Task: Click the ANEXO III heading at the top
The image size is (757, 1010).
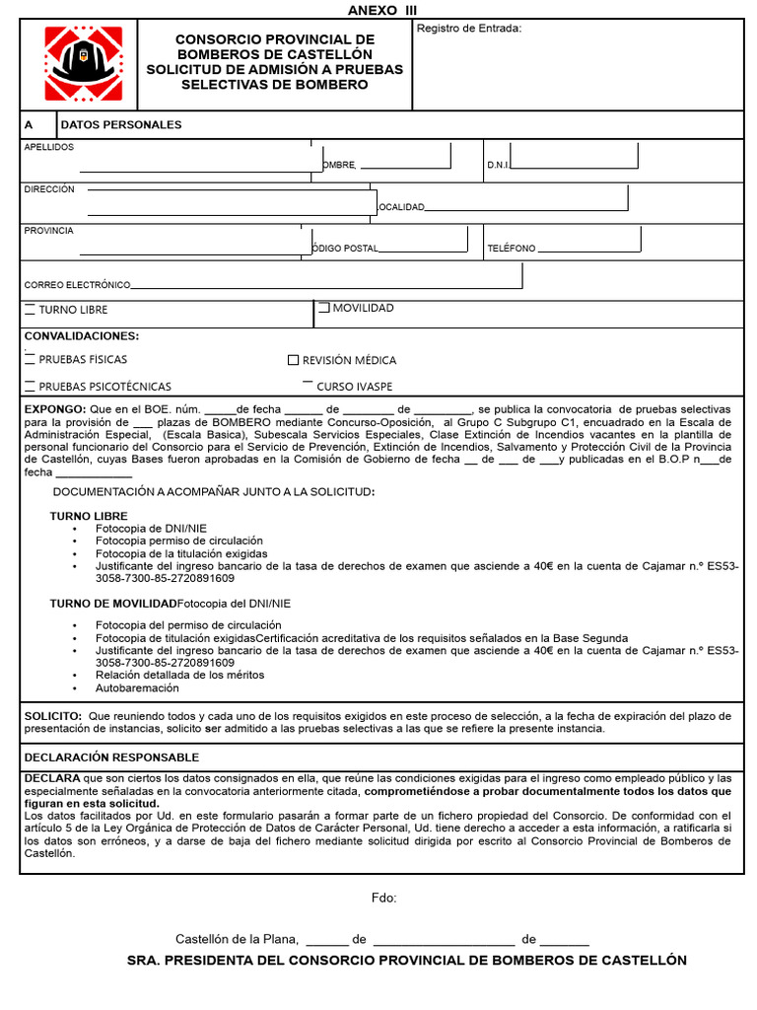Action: click(x=382, y=10)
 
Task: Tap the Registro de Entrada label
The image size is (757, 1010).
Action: click(x=469, y=29)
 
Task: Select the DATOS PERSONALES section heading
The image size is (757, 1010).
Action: click(x=121, y=125)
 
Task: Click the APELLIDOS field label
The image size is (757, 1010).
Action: click(x=48, y=147)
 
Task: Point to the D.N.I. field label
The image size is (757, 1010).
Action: click(x=498, y=166)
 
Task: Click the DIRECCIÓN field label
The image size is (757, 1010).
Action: click(x=49, y=188)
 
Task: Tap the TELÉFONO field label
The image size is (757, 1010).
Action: click(x=512, y=249)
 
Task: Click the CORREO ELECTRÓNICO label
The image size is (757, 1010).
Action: click(x=77, y=285)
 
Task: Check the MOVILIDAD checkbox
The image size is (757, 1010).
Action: click(x=324, y=309)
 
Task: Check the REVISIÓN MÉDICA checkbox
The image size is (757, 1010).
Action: click(x=293, y=361)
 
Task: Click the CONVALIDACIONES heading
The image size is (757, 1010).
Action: click(x=82, y=336)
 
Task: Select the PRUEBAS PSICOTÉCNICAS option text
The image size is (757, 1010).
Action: click(x=104, y=387)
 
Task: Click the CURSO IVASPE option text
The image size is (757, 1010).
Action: click(x=354, y=387)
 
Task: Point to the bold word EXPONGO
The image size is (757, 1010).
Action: click(x=54, y=408)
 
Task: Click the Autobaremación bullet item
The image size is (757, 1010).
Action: click(x=137, y=688)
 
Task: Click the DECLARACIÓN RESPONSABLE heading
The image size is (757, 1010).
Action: click(x=111, y=757)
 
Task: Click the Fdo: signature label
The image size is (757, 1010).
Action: click(x=383, y=898)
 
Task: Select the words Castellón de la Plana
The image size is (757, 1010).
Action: click(x=236, y=939)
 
